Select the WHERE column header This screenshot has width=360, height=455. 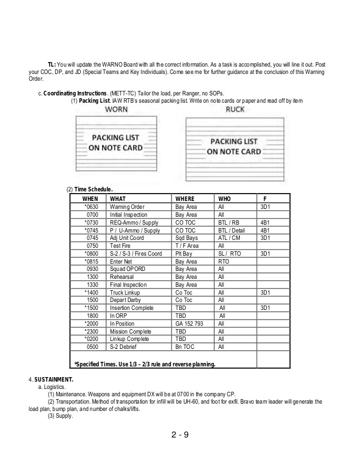click(185, 199)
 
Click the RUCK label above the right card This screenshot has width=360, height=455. click(235, 110)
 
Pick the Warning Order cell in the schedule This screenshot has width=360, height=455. click(128, 207)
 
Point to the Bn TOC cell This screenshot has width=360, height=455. click(185, 347)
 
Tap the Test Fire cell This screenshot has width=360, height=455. click(121, 246)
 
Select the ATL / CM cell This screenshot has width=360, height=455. click(229, 238)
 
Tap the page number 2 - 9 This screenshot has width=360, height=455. click(180, 435)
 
